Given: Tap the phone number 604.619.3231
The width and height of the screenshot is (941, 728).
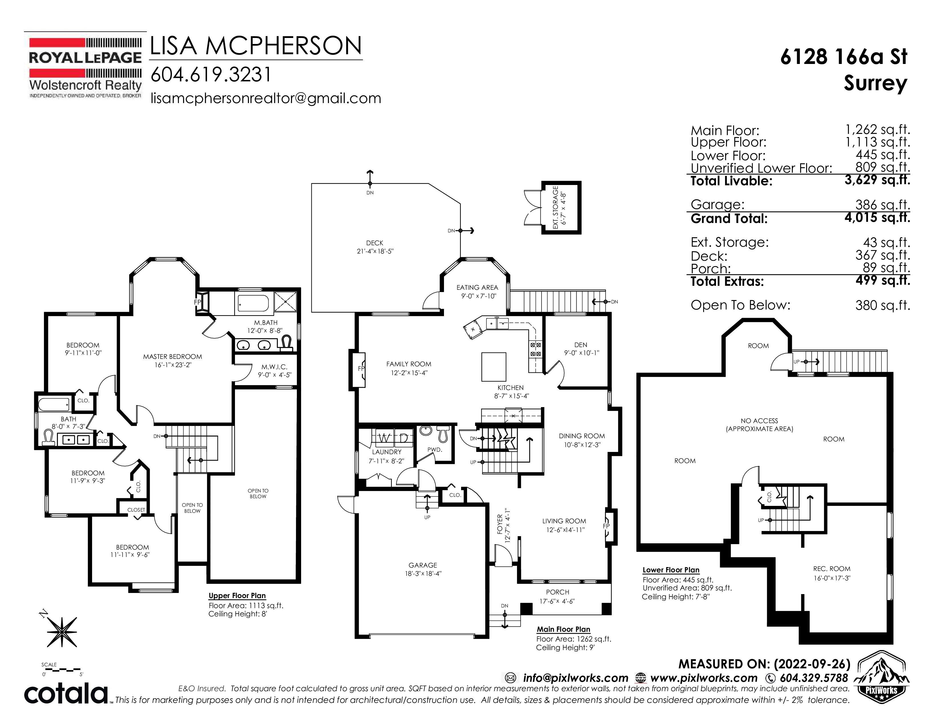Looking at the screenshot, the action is [211, 75].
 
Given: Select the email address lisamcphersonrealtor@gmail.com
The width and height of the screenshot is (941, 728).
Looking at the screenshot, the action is [266, 98].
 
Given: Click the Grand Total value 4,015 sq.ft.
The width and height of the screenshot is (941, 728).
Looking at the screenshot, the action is [877, 218].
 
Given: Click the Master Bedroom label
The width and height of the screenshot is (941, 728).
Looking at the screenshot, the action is [172, 357].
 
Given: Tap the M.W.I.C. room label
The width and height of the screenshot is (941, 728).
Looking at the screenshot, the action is [274, 367].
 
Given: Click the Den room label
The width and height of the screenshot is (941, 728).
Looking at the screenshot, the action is [581, 345].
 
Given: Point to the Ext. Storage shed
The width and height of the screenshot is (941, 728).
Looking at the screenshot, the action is [561, 208].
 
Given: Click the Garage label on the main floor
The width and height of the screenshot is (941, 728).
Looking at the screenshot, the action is [423, 565].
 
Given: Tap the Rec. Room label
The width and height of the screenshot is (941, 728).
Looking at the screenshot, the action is [832, 568].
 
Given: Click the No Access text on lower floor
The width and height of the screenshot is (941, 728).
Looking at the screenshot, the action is [759, 421].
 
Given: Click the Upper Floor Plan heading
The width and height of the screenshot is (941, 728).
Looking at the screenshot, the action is [237, 596].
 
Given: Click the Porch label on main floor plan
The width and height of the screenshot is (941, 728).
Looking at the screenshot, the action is [557, 592].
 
